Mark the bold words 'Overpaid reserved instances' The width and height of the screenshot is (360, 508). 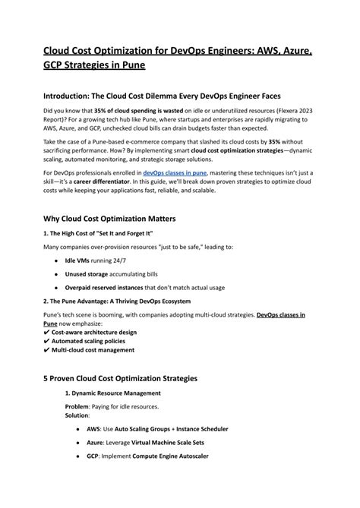coord(115,288)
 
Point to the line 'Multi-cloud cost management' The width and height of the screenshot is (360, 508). coord(93,351)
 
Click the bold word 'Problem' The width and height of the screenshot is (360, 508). coord(77,407)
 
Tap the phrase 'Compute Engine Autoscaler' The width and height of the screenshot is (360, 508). coord(171,457)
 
